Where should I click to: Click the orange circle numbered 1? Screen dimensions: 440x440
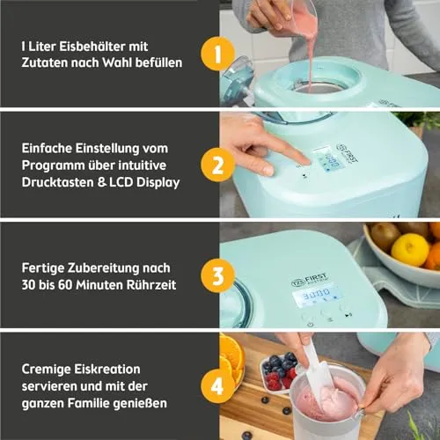217,54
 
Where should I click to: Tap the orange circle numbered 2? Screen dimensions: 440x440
217,165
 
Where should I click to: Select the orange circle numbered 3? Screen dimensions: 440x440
217,275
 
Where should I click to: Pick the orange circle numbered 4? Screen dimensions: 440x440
217,386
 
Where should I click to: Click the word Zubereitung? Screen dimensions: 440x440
103,268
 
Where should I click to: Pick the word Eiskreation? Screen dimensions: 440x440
81,369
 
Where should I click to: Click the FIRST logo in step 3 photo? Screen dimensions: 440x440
310,279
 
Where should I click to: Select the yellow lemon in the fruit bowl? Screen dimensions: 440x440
410,250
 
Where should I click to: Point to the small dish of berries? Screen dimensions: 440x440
278,372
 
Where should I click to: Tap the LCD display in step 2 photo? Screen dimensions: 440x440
329,161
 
